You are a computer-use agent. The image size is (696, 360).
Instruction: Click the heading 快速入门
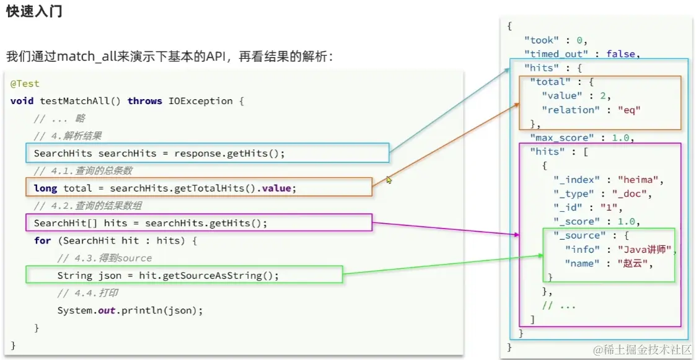click(x=34, y=12)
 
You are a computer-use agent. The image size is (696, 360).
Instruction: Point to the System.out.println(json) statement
click(x=130, y=310)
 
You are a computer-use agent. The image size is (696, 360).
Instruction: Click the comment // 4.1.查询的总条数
click(x=83, y=170)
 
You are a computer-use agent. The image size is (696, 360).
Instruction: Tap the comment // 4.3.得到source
click(x=104, y=258)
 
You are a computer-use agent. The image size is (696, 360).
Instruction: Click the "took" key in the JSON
click(x=540, y=40)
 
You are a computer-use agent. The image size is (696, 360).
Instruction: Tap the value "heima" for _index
click(x=640, y=180)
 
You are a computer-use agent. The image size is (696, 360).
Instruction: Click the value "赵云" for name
click(x=635, y=263)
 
